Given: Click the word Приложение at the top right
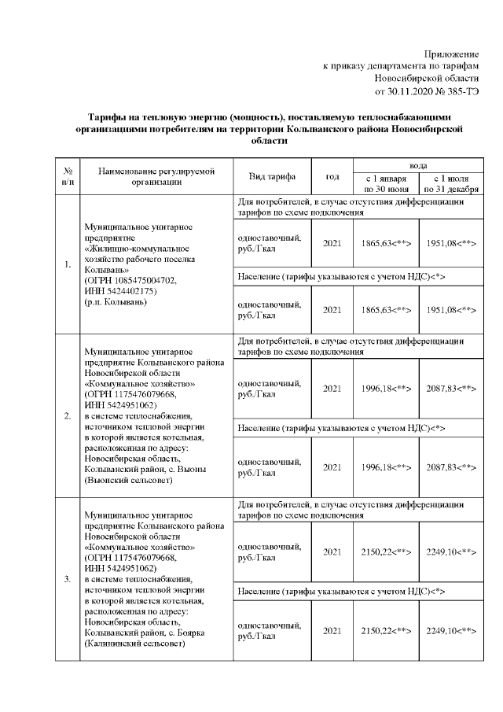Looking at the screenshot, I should (451, 52).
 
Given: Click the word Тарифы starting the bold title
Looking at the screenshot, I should (108, 116).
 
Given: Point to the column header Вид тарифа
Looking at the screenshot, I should (273, 176).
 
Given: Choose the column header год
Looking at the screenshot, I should (332, 176).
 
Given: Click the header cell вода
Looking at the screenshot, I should (418, 165).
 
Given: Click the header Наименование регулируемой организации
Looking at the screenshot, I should (151, 176).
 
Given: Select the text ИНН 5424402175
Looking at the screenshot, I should (122, 291).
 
